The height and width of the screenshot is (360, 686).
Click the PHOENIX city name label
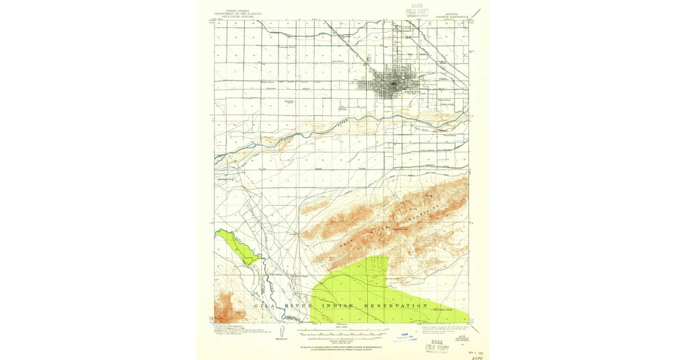pyautogui.click(x=412, y=91)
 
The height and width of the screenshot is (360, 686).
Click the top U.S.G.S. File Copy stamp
pyautogui.click(x=417, y=12)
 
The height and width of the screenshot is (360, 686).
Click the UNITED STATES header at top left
pyautogui.click(x=238, y=11)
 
